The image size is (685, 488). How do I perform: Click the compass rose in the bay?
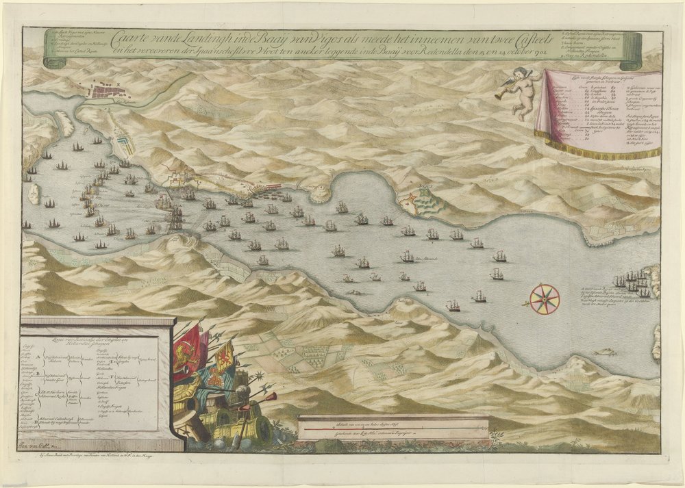coord(545,298)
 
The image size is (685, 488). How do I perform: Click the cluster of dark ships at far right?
coord(634,281)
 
